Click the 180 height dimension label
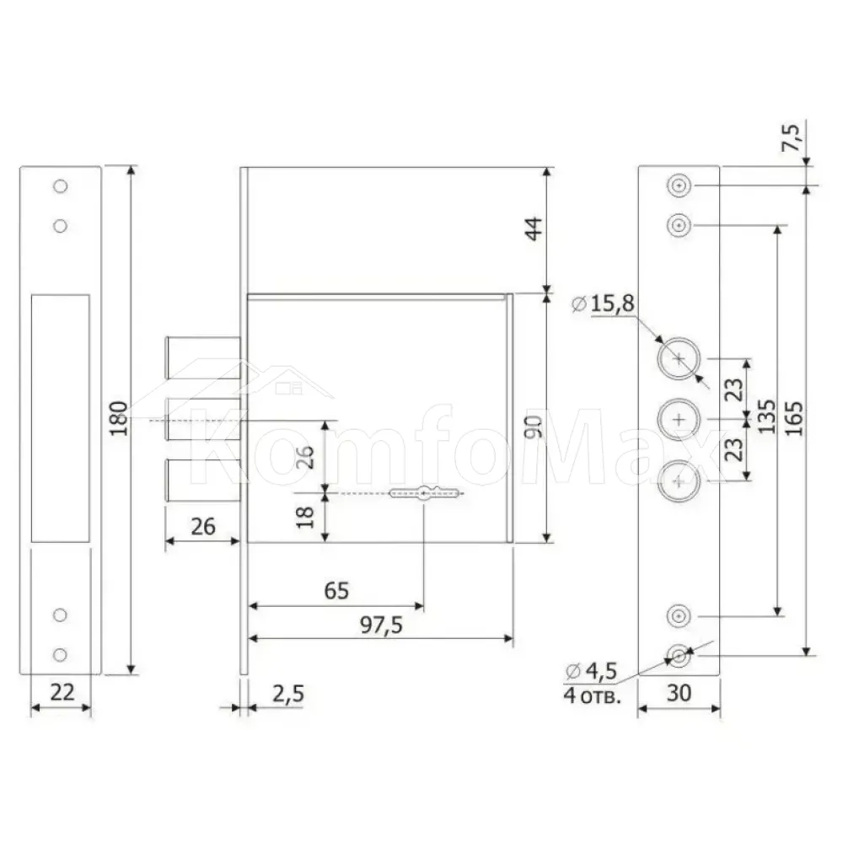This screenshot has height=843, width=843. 120,418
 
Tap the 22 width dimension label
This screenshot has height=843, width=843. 62,692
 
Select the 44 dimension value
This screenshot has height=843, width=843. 534,228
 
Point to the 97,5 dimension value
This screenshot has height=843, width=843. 381,625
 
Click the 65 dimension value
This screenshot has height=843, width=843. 336,590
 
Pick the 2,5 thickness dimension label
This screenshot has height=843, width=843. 288,694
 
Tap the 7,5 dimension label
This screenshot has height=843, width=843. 791,137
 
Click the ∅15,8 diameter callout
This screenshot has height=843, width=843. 604,303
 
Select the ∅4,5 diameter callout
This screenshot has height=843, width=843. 591,671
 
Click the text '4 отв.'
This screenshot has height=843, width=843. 592,695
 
